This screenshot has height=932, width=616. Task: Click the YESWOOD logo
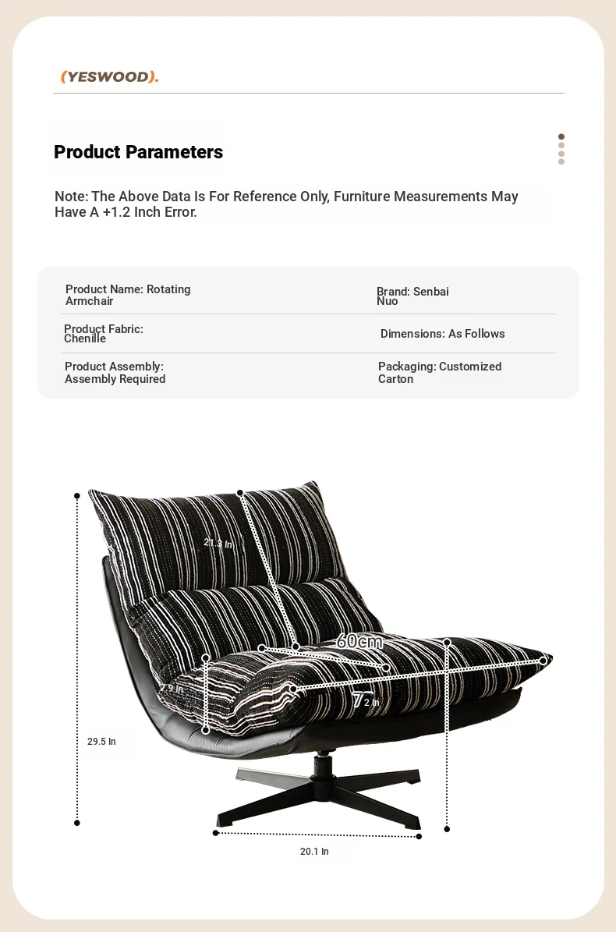click(110, 76)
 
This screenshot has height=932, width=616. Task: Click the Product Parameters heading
click(138, 152)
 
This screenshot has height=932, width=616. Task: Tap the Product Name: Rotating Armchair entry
click(128, 295)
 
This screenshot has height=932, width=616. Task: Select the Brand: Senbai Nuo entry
click(412, 296)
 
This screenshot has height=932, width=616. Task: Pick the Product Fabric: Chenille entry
click(104, 334)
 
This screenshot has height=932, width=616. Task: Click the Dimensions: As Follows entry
click(442, 334)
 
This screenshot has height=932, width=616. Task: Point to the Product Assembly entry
click(115, 373)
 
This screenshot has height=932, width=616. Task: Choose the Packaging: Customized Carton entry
click(440, 373)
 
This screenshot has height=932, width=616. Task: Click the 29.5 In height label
click(101, 742)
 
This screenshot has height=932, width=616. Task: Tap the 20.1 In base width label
click(314, 852)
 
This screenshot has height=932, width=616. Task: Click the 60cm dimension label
click(359, 642)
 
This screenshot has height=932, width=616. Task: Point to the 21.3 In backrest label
click(218, 543)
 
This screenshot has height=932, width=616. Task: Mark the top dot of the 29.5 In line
click(77, 495)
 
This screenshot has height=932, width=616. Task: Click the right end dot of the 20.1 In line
click(419, 836)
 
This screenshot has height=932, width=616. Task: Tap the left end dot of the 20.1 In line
click(216, 833)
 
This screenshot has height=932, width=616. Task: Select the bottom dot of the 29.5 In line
click(77, 822)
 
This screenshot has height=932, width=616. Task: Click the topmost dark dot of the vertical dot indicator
click(561, 136)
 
